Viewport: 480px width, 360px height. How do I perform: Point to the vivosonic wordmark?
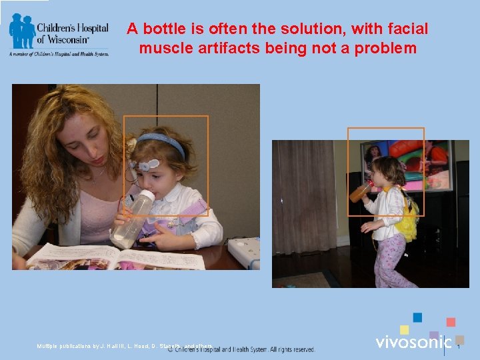(413, 342)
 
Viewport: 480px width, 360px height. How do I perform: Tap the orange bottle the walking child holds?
(360, 192)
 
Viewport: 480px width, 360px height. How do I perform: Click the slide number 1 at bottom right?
(459, 346)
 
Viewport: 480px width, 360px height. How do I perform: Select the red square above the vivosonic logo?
(451, 322)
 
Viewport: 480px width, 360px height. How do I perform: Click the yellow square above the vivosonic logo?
(404, 329)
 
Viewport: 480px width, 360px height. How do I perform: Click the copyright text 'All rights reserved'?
(293, 349)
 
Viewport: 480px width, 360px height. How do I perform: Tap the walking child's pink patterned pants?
(389, 260)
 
